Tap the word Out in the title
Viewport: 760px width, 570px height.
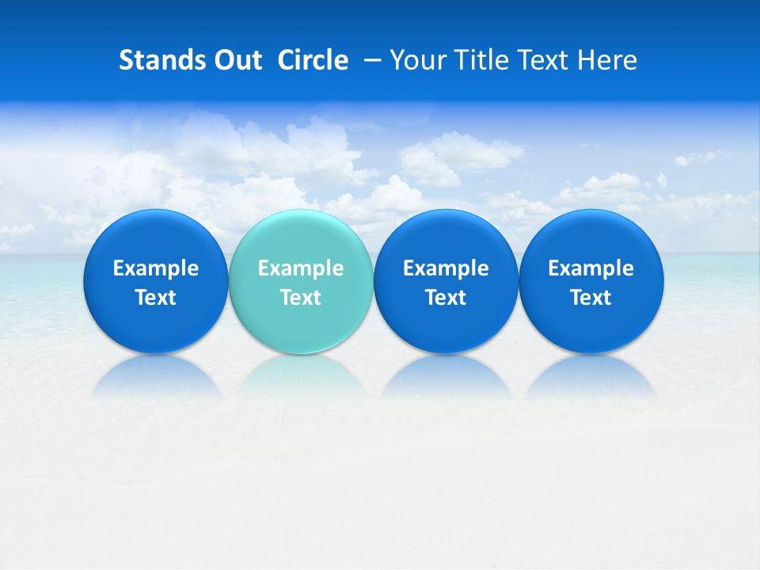pyautogui.click(x=237, y=60)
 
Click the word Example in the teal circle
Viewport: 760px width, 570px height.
pyautogui.click(x=301, y=268)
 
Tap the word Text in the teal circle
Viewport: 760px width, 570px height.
pyautogui.click(x=301, y=298)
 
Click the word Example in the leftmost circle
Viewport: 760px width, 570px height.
pyautogui.click(x=156, y=268)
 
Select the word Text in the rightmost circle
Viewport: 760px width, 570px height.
pyautogui.click(x=591, y=298)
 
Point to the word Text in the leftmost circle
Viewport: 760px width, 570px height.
pyautogui.click(x=156, y=298)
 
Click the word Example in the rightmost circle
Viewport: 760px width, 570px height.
pyautogui.click(x=591, y=268)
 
